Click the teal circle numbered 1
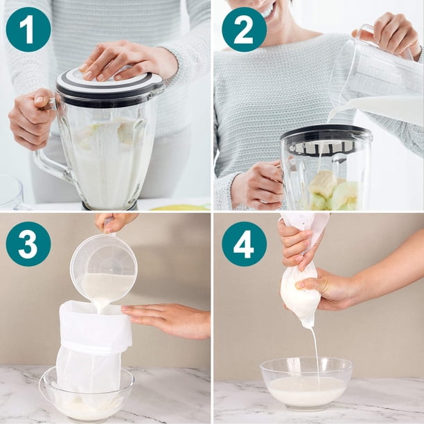28,30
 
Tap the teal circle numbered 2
244,30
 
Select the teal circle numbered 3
28,244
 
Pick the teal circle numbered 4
244,244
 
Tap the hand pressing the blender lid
127,61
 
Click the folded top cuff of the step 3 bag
95,327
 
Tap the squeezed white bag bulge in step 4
300,294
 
